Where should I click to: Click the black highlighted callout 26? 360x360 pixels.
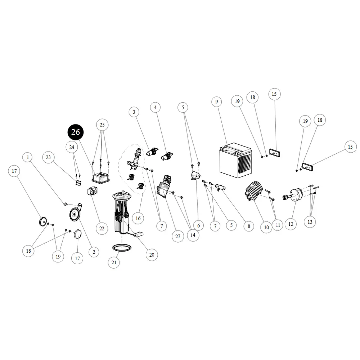point(76,132)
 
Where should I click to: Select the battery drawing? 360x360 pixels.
point(235,160)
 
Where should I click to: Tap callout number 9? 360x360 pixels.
point(216,102)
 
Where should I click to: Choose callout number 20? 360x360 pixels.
point(152,255)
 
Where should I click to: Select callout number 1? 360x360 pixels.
point(28,157)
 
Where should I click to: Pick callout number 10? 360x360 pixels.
point(266,227)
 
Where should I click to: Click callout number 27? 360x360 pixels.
point(178,236)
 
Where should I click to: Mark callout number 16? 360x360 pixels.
point(138,218)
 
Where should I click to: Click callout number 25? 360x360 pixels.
point(102,125)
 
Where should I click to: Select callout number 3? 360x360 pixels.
point(134,112)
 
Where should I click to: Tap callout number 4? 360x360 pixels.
point(155,107)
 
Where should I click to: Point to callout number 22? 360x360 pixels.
point(102,229)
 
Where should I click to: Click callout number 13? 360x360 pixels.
point(310,222)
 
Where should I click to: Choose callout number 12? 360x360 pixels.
point(291,224)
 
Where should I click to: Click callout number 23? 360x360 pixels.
point(48,157)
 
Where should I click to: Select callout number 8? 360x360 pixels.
point(249,226)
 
